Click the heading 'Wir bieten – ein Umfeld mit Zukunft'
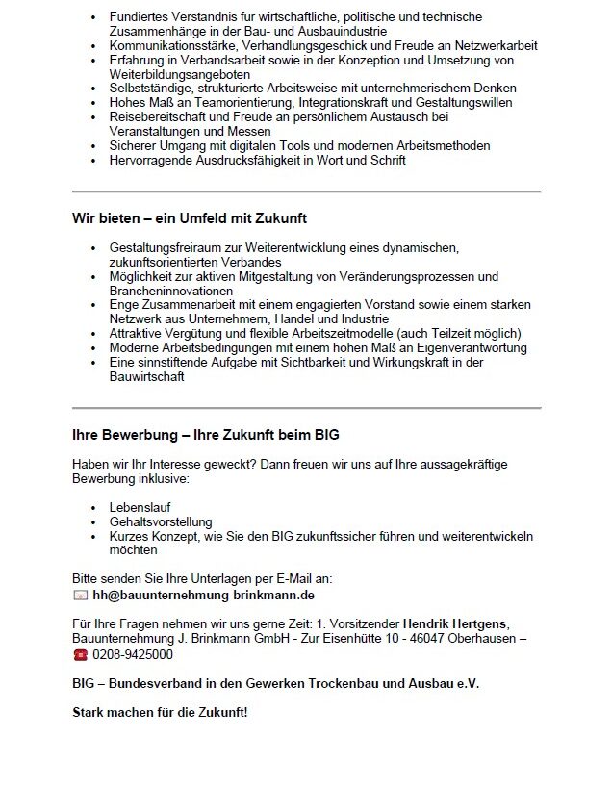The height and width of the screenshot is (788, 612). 190,218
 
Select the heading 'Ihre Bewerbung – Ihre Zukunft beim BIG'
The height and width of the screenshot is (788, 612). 206,435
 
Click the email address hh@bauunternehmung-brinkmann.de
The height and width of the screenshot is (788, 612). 207,596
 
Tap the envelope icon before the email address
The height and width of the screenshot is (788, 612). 80,596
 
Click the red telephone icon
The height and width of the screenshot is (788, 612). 80,655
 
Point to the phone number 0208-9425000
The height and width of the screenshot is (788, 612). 133,655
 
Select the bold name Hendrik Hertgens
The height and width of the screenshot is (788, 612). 455,623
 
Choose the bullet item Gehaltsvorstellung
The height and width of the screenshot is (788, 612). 161,521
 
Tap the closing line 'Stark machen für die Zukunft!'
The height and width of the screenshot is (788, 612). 160,713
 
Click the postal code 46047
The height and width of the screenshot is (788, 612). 442,638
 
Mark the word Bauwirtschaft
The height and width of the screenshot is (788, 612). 147,376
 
